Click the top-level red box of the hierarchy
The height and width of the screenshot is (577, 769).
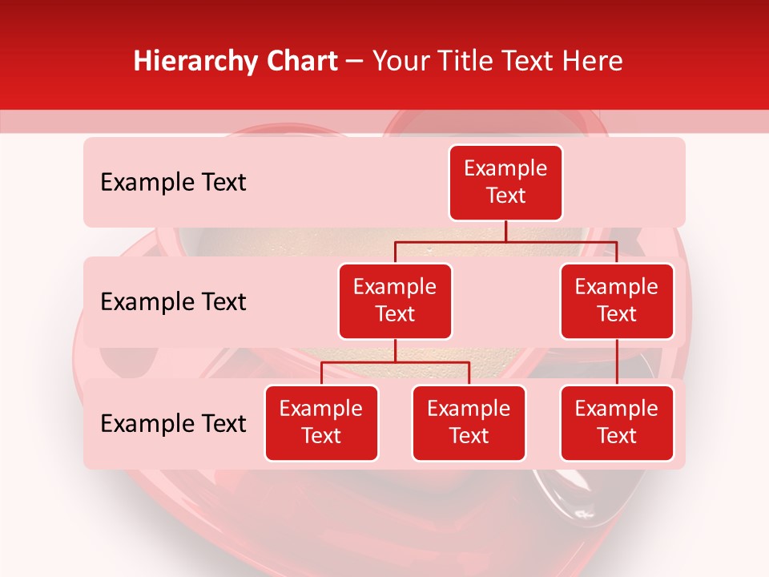[505, 182]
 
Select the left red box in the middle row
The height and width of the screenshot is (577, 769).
[395, 301]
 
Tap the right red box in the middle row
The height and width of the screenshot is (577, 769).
[617, 301]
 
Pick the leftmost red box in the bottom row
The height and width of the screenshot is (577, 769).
[321, 422]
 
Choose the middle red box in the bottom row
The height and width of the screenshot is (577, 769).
[469, 422]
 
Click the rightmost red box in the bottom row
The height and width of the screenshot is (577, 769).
[617, 422]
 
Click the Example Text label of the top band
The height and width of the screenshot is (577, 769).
[173, 183]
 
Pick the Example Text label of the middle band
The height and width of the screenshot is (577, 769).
[173, 302]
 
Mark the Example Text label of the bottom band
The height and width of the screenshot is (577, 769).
[173, 423]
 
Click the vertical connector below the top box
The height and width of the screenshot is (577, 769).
[505, 231]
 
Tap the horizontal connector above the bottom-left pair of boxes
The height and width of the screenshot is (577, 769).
[395, 362]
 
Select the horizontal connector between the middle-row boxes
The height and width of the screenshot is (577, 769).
[505, 241]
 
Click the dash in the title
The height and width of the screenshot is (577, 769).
[355, 62]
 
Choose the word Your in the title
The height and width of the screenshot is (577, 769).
[399, 61]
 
